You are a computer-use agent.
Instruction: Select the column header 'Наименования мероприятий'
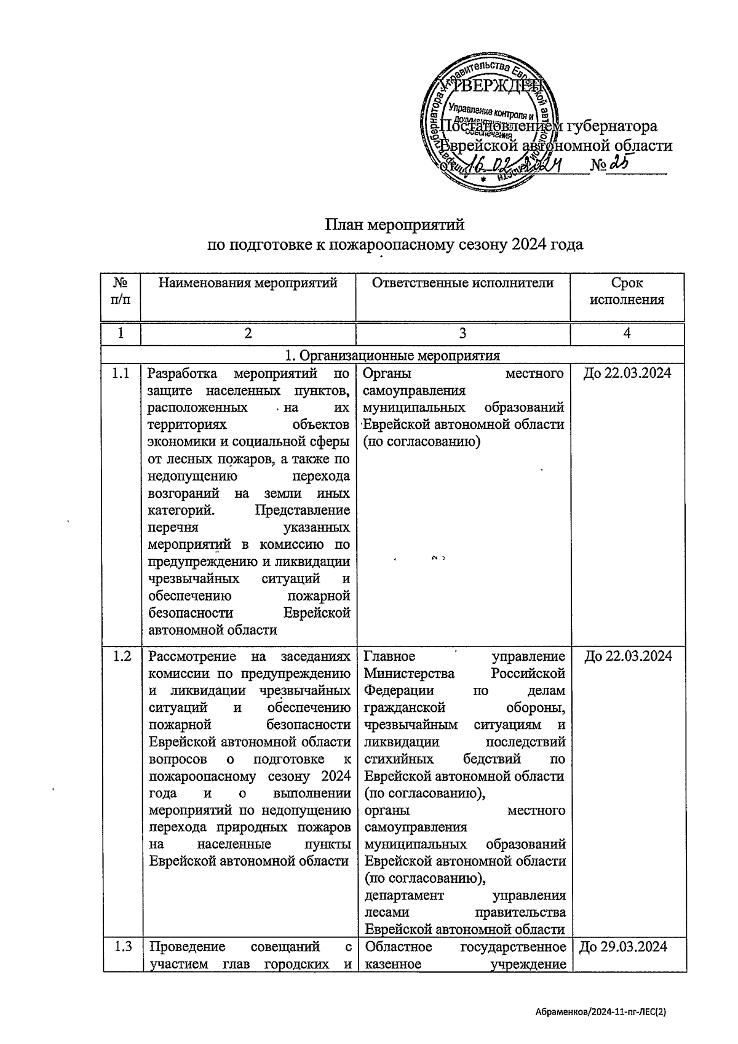[x=248, y=283]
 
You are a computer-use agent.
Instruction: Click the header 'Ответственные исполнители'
[x=462, y=283]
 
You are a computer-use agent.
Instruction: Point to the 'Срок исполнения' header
[x=627, y=292]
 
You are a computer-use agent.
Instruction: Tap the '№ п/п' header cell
[x=121, y=292]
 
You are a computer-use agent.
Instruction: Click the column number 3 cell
[x=462, y=333]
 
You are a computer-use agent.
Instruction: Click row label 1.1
[x=121, y=373]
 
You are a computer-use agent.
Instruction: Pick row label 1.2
[x=121, y=656]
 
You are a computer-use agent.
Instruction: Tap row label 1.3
[x=122, y=947]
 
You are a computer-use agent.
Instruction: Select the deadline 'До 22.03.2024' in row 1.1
[x=627, y=373]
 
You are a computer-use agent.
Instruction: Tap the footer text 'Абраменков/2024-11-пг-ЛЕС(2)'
[x=601, y=1011]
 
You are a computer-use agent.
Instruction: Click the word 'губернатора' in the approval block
[x=611, y=126]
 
